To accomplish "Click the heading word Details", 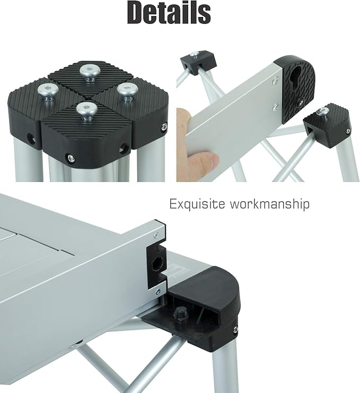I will click(169, 14).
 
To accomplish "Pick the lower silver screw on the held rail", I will click(275, 108).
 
